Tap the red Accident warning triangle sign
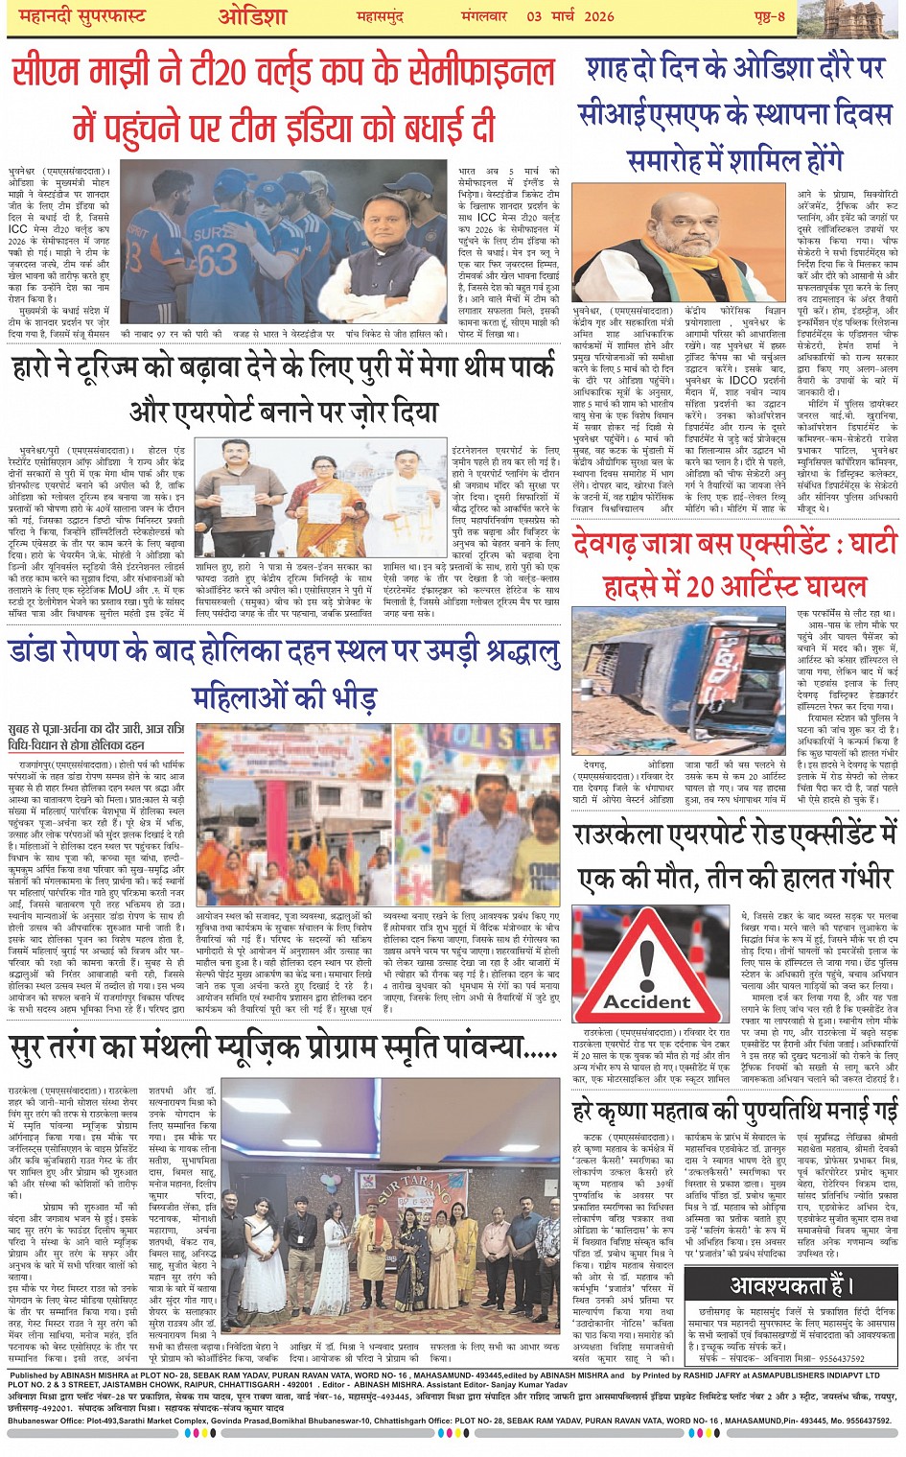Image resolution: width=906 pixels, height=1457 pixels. click(646, 960)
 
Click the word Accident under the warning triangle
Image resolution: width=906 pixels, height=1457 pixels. click(646, 1002)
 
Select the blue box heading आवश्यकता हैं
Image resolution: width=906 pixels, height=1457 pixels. click(790, 1285)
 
